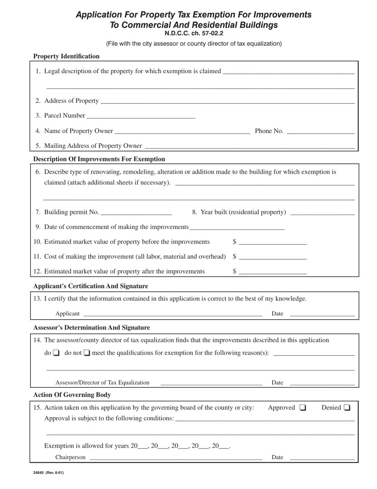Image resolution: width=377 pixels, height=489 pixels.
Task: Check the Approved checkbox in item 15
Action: click(x=303, y=407)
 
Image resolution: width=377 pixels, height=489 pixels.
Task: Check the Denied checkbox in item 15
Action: click(x=347, y=407)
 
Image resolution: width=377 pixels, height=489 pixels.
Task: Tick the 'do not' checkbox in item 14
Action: click(x=87, y=353)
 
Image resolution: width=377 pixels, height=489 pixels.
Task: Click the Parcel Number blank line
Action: click(x=141, y=116)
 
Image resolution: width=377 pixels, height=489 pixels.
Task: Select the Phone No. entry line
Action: click(x=320, y=132)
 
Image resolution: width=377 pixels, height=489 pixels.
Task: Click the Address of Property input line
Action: click(x=227, y=101)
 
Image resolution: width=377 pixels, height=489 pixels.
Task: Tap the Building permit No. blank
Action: click(x=137, y=213)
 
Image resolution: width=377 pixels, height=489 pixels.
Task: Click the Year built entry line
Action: click(x=322, y=213)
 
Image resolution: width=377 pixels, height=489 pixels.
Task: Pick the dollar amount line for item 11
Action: click(x=273, y=257)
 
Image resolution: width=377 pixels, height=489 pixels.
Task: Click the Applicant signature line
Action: click(x=173, y=314)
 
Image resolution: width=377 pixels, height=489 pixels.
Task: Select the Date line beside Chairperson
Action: click(x=322, y=458)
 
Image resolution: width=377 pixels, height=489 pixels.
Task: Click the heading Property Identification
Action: click(x=66, y=56)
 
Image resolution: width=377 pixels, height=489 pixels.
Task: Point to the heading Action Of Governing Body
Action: click(x=72, y=395)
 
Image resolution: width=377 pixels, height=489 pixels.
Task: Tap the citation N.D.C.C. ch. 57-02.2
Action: click(x=194, y=33)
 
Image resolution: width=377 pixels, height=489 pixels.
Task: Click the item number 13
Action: click(x=37, y=299)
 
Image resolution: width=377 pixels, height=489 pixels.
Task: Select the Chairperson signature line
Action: click(x=176, y=458)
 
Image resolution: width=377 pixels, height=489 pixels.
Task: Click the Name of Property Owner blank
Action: click(x=182, y=132)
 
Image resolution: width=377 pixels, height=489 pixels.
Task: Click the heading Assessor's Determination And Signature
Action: click(x=91, y=328)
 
